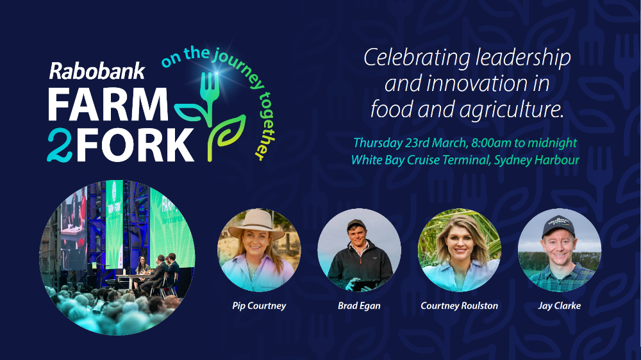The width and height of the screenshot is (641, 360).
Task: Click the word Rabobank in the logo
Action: tap(97, 71)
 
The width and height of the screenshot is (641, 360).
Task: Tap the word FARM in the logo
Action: tap(108, 104)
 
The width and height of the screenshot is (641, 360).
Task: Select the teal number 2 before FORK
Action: tap(60, 145)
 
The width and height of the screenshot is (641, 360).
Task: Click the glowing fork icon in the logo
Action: tap(210, 92)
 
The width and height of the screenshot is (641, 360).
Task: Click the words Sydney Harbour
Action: tap(537, 160)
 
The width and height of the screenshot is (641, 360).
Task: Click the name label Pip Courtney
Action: tap(259, 306)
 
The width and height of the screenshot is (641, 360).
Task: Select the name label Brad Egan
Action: tap(360, 306)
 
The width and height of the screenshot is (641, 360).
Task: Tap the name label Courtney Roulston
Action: tap(460, 306)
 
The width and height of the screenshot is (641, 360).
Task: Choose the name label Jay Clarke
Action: tap(559, 306)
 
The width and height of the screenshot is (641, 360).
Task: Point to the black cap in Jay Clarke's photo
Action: tap(558, 225)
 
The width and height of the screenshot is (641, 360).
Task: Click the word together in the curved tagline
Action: tap(265, 126)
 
